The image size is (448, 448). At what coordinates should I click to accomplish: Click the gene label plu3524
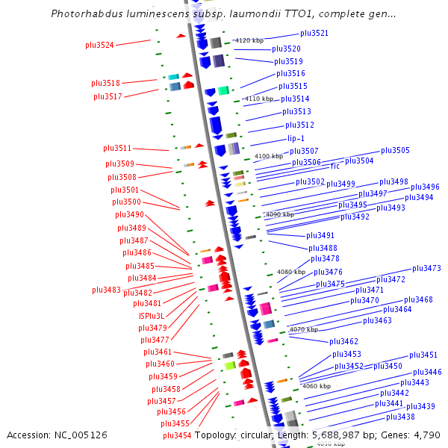[99, 45]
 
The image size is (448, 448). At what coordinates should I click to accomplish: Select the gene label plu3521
[314, 33]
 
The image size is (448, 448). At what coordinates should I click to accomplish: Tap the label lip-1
[296, 138]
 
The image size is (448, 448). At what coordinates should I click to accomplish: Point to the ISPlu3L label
[151, 316]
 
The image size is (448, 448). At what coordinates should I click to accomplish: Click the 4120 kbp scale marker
[249, 40]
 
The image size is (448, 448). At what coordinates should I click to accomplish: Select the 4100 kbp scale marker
[269, 156]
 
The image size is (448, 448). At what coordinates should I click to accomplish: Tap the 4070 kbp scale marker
[303, 329]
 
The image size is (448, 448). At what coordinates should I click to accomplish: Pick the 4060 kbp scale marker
[316, 386]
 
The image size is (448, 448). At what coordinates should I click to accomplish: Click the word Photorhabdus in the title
[82, 13]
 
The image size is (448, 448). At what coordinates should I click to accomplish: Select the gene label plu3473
[426, 268]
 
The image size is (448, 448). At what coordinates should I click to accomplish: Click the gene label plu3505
[395, 150]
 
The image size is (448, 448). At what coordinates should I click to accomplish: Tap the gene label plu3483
[106, 290]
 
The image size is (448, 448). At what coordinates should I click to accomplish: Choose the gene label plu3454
[177, 435]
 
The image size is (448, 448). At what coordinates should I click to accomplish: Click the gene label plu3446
[427, 372]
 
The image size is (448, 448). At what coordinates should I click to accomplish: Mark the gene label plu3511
[117, 148]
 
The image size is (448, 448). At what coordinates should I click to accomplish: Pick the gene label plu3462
[344, 341]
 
